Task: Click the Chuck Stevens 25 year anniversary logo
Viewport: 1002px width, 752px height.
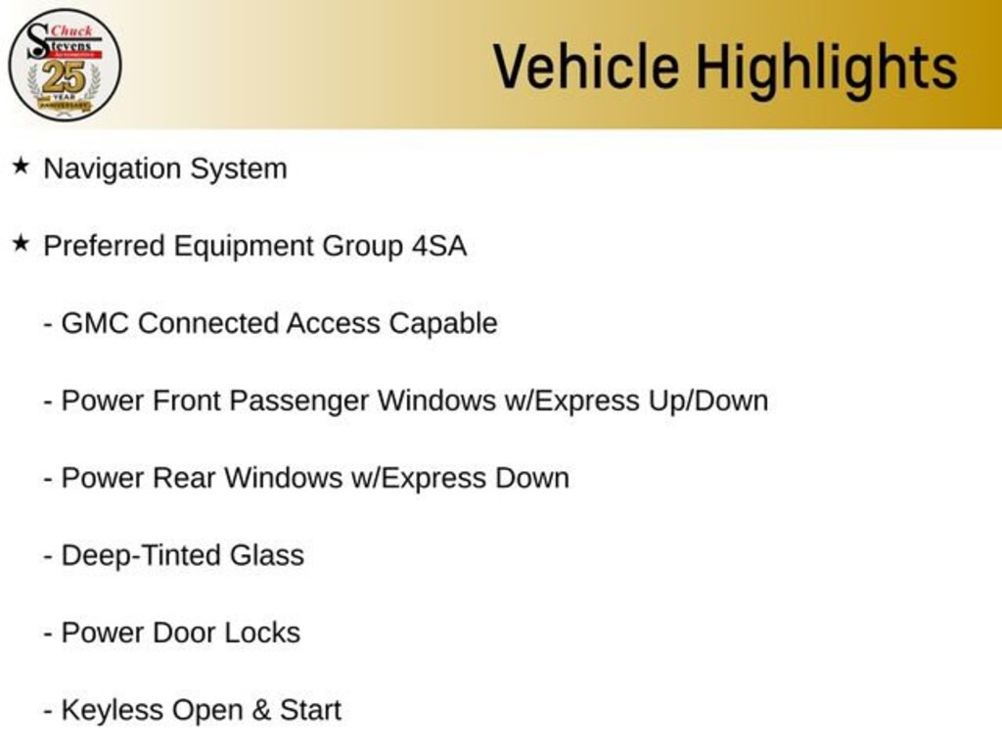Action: coord(65,65)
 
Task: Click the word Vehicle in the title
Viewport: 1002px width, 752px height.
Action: coord(586,67)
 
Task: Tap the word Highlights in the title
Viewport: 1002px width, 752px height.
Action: coord(826,70)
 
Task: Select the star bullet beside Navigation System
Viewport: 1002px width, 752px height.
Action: coord(22,166)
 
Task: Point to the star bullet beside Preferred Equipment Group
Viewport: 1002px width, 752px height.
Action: coord(22,244)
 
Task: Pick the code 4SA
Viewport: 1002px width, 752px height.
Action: coord(439,246)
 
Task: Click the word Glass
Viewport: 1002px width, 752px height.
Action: coord(267,556)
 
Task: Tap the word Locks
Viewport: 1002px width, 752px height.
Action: coord(262,634)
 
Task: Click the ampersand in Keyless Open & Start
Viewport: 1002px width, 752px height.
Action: coord(260,711)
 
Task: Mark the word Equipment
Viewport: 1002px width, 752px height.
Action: coord(243,248)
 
